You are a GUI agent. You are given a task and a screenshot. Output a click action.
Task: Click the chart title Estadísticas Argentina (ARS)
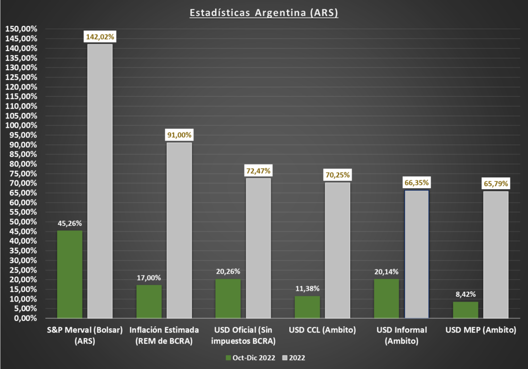(x=263, y=13)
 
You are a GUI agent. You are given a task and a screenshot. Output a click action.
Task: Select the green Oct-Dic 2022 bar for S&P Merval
(x=70, y=274)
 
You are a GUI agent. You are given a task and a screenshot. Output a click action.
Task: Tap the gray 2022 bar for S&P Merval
(x=100, y=181)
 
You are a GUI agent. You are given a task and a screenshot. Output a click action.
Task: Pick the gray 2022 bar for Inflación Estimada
(x=179, y=230)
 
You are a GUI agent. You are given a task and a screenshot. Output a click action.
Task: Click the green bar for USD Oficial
(x=228, y=298)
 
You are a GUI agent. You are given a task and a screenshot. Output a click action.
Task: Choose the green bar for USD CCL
(x=307, y=307)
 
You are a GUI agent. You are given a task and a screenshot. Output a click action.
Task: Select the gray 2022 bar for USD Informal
(x=417, y=254)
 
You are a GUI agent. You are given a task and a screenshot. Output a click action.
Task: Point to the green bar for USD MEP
(x=466, y=310)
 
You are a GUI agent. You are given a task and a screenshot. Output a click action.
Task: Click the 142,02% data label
(x=100, y=37)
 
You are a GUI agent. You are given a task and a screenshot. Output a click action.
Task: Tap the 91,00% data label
(x=179, y=135)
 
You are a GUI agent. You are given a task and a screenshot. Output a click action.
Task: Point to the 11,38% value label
(x=307, y=289)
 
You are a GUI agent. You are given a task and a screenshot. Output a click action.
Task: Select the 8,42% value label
(x=466, y=294)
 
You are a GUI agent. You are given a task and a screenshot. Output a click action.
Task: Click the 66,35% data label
(x=417, y=183)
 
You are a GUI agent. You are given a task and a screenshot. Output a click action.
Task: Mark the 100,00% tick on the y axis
(x=21, y=125)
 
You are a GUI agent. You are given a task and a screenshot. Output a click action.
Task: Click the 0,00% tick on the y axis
(x=25, y=318)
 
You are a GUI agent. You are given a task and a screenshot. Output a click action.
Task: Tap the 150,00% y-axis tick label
(x=21, y=29)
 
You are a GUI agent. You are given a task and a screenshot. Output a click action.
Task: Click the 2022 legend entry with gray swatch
(x=293, y=358)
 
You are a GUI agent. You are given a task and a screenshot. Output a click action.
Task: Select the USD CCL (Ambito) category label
(x=322, y=330)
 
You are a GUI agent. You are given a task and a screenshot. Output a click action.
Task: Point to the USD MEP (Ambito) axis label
(x=481, y=330)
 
